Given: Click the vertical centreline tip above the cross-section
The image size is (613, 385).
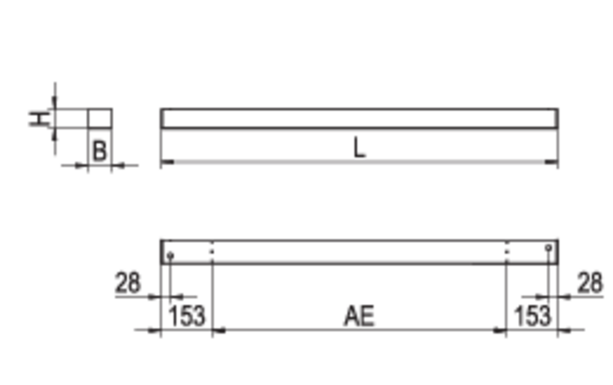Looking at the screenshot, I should tap(55, 84).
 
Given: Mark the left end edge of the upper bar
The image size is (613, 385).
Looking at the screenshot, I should tap(160, 137).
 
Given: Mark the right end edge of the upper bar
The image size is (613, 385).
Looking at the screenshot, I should tap(559, 137).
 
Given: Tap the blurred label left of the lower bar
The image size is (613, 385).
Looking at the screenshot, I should tap(127, 284).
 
